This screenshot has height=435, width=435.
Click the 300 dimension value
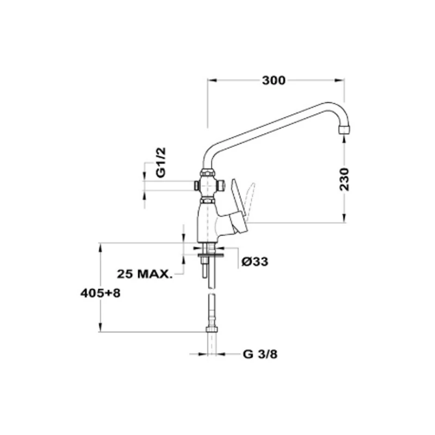(274, 80)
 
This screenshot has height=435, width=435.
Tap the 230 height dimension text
(344, 179)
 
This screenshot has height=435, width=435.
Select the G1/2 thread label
(160, 162)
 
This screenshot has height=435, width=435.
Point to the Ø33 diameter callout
(254, 262)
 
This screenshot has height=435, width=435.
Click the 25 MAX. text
(145, 274)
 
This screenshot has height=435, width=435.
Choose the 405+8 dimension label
(101, 293)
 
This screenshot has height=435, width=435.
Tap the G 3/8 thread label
(260, 355)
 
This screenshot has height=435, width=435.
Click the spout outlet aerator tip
(344, 130)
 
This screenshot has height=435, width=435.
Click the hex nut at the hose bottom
(212, 330)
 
